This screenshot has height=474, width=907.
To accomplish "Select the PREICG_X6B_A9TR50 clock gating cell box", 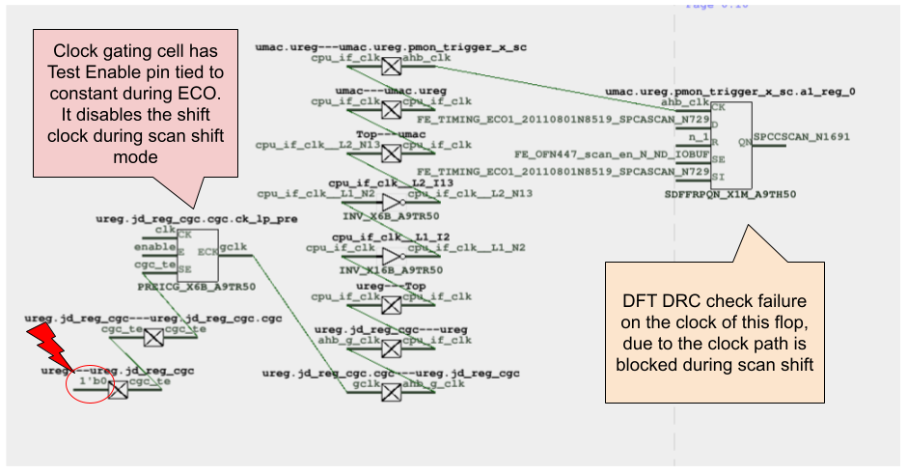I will tap(197, 255).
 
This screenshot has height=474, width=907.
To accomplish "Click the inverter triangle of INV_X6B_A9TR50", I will tap(392, 203).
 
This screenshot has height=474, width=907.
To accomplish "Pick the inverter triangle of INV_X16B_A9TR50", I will tap(392, 257).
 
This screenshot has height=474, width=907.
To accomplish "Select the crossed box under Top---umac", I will tap(391, 153).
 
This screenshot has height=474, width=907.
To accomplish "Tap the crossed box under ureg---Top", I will tap(391, 306).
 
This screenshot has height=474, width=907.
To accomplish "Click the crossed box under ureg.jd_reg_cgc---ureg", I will tap(391, 349).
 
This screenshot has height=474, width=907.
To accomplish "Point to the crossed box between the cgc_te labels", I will tap(153, 337).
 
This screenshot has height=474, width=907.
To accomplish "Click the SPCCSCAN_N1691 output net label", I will tap(803, 137).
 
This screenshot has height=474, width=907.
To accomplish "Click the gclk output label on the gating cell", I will tap(234, 247).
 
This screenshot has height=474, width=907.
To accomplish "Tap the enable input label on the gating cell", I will tap(155, 248).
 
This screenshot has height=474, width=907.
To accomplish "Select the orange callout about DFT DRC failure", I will tap(713, 331).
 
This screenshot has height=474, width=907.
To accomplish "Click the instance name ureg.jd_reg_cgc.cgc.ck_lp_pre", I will tap(197, 219).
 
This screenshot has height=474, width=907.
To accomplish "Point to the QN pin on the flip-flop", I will tap(744, 141).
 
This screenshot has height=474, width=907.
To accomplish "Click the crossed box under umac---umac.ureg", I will tap(391, 110).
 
